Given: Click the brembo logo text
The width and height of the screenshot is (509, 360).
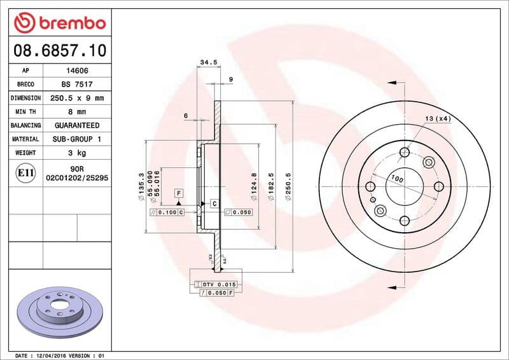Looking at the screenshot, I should (x=70, y=23).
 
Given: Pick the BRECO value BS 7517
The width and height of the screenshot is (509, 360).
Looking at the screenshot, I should (x=72, y=85).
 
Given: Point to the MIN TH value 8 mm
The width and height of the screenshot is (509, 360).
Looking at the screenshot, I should (x=72, y=112).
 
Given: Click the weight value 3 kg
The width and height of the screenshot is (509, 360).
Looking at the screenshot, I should (x=72, y=153).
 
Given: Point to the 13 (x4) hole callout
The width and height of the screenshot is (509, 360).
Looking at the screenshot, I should (x=438, y=119).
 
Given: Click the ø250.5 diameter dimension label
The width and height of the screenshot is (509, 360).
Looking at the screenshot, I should (x=288, y=186).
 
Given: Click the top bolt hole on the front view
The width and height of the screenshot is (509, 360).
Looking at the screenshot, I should (x=405, y=152).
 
